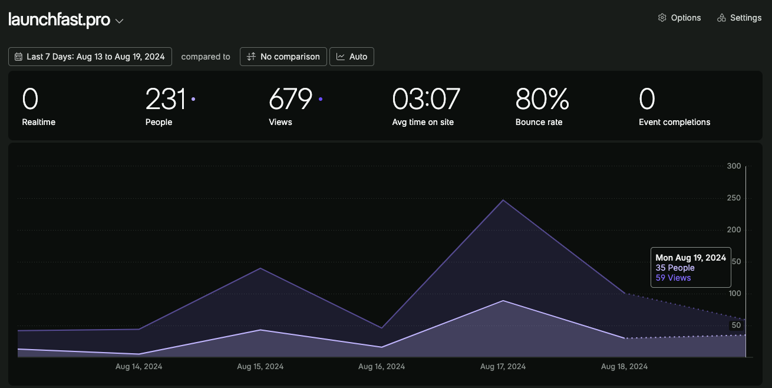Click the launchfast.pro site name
tap(60, 19)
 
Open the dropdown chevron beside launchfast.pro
tap(119, 21)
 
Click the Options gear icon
tap(662, 18)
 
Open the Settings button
tap(739, 18)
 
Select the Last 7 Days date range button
tap(90, 57)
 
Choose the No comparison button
tap(283, 57)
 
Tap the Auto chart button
tap(352, 57)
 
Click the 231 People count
tap(166, 99)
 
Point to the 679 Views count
tap(291, 99)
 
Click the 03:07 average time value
tap(426, 99)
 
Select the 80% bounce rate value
tap(542, 99)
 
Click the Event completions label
tap(674, 122)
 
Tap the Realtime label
tap(39, 122)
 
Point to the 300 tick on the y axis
tap(734, 166)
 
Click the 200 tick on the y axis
tap(734, 230)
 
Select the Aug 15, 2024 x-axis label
tap(260, 366)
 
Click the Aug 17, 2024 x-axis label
tap(503, 366)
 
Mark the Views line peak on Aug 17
tap(503, 200)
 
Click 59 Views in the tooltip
tap(673, 278)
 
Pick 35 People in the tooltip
tap(675, 268)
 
